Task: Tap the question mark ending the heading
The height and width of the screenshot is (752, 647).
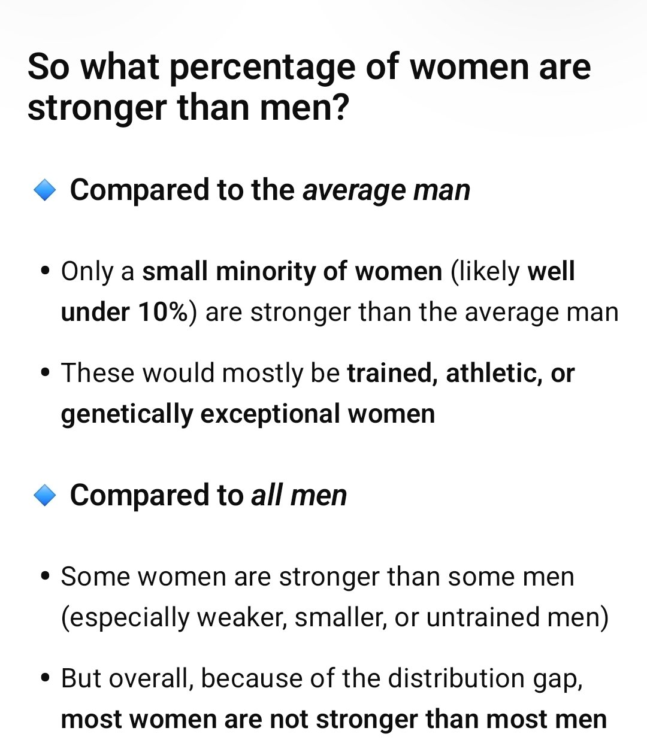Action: click(340, 108)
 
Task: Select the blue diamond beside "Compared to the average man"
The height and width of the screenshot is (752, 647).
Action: click(45, 190)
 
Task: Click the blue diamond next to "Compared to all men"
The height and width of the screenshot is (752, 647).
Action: click(45, 496)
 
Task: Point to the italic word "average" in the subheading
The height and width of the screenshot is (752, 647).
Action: click(344, 190)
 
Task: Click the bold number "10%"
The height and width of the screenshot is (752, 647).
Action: click(164, 313)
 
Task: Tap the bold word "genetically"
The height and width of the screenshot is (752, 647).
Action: click(126, 414)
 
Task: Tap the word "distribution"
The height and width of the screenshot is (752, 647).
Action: click(456, 679)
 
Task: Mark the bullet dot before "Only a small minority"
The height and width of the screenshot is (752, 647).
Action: click(45, 272)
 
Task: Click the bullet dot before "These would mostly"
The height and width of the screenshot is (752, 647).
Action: click(45, 374)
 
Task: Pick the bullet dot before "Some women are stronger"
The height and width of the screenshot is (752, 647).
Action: click(45, 577)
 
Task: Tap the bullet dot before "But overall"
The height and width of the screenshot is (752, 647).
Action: click(45, 679)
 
